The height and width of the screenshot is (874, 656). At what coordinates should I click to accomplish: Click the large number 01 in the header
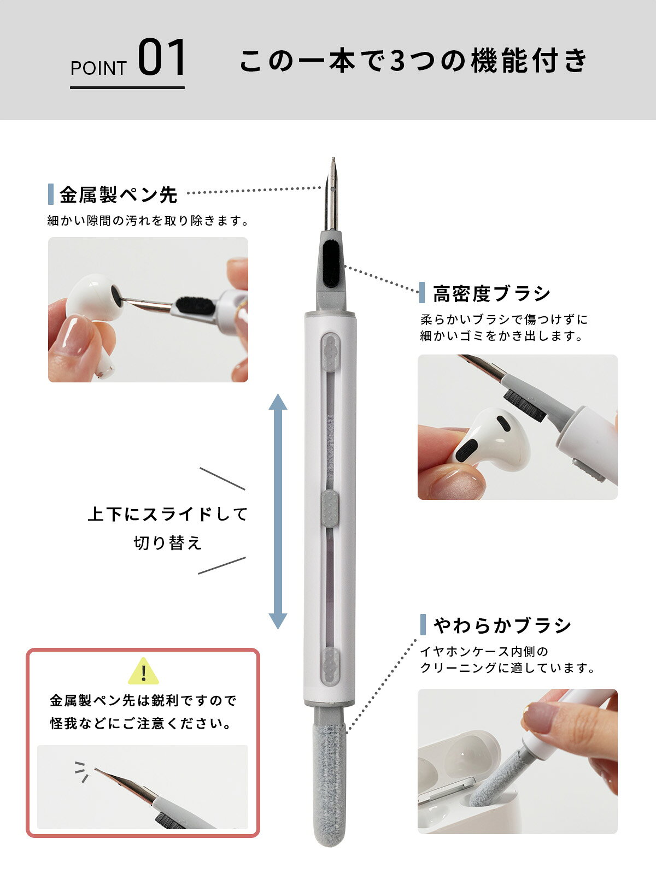click(x=162, y=57)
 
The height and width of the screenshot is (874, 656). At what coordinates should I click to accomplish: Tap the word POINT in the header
click(x=98, y=68)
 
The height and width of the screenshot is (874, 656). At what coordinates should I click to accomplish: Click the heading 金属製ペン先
click(x=118, y=194)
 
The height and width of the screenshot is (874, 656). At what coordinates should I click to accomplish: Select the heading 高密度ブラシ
click(x=491, y=294)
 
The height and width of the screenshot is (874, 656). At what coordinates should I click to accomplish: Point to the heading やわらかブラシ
click(x=502, y=625)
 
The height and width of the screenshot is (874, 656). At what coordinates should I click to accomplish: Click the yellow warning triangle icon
click(x=143, y=671)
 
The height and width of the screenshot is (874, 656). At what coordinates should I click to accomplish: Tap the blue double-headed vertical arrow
click(x=278, y=511)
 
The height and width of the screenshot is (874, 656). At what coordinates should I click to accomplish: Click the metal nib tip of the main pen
click(x=333, y=160)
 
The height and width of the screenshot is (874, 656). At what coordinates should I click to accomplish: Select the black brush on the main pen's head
click(x=331, y=264)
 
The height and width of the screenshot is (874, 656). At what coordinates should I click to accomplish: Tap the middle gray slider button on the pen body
click(x=330, y=509)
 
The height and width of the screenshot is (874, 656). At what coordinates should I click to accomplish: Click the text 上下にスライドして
click(x=168, y=515)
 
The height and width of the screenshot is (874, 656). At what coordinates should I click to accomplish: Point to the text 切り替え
click(x=168, y=543)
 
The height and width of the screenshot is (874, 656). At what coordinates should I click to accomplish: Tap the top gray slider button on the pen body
click(x=331, y=352)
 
